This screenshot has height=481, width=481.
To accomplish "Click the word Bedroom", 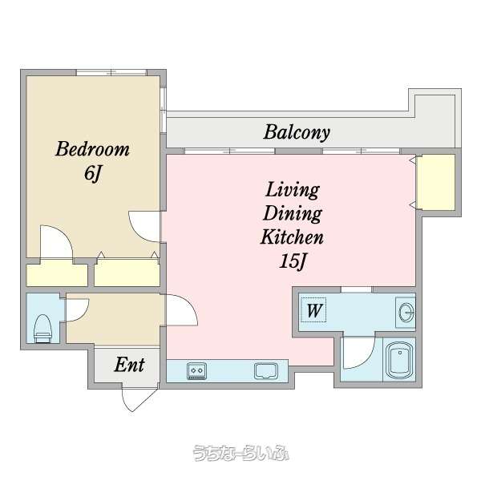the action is tap(92, 149).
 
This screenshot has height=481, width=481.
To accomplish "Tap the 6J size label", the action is tap(92, 174).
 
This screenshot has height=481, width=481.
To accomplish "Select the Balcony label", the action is tap(297, 133).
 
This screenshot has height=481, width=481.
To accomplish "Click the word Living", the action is tap(293, 190).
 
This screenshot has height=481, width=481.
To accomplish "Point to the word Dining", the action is tap(293, 214).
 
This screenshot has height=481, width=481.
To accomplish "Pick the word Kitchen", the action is tap(292, 237).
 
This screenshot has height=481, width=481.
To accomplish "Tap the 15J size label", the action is tap(293, 261).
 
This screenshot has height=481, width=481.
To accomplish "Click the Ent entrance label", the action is tap(129, 365).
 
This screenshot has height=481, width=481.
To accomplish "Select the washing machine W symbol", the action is tap(313, 310).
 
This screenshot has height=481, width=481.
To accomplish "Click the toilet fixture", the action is tap(42, 328).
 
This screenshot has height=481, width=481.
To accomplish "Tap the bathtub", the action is tap(399, 359).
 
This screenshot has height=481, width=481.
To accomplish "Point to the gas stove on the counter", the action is tap(196, 370).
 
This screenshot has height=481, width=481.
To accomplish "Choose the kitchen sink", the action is tap(266, 370).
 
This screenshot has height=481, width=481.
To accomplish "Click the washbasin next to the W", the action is tap(406, 313).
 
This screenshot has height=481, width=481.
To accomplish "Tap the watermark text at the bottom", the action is tap(240, 453).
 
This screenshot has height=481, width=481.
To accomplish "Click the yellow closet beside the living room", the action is tap(437, 182).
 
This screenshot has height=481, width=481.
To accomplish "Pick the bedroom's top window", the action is tap(111, 73).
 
